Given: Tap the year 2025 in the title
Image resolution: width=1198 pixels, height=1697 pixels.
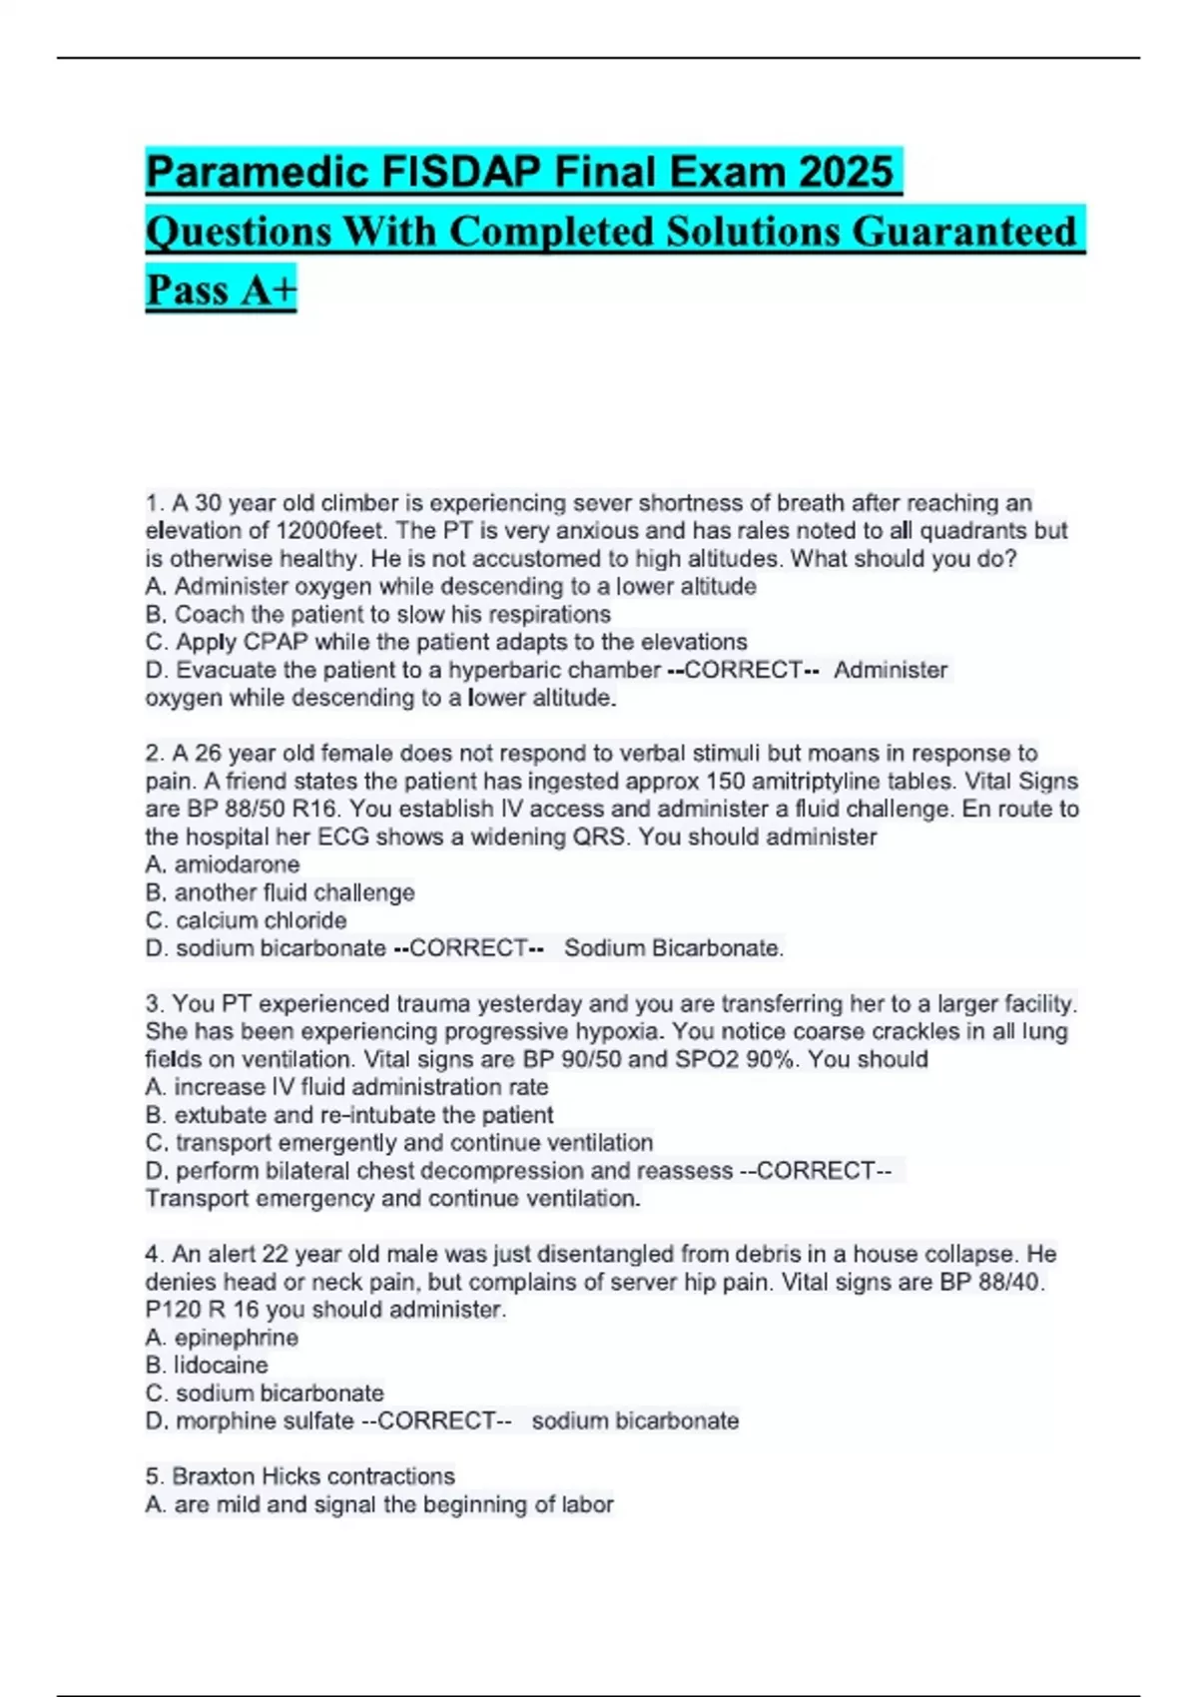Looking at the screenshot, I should [845, 172].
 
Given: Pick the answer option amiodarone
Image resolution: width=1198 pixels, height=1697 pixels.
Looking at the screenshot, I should [237, 864].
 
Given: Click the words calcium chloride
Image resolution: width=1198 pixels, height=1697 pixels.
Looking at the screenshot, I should [262, 920].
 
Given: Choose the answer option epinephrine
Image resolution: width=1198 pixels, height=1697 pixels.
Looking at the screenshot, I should [236, 1338].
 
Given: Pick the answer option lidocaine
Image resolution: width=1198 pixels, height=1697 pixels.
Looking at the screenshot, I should [221, 1366].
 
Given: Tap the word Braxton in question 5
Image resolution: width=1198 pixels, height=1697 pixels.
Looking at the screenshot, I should [213, 1476].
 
